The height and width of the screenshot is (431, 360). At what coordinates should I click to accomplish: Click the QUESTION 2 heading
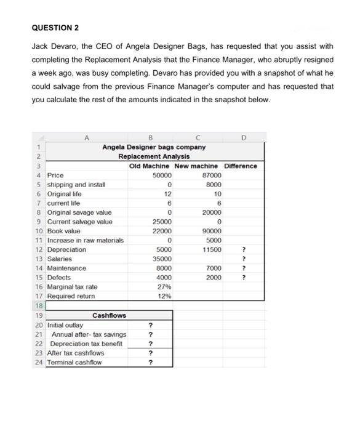click(55, 28)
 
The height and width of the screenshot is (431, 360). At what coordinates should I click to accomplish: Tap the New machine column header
click(196, 166)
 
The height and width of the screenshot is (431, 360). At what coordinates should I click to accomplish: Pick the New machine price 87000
click(211, 175)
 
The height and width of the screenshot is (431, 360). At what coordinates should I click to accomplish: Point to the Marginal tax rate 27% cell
click(164, 287)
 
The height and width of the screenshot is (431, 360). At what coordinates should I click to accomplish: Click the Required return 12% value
click(164, 296)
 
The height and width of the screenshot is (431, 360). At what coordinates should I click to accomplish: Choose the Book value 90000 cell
click(211, 231)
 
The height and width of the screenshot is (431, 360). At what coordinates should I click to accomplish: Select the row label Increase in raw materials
click(86, 240)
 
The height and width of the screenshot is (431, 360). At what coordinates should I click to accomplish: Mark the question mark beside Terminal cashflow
click(150, 363)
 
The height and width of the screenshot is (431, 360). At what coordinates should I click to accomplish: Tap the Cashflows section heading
click(109, 315)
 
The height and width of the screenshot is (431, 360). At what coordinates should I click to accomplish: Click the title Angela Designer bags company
click(153, 147)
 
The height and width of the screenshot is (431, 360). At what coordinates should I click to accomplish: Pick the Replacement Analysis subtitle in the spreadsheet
click(154, 156)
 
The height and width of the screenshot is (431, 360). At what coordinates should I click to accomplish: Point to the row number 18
click(38, 305)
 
